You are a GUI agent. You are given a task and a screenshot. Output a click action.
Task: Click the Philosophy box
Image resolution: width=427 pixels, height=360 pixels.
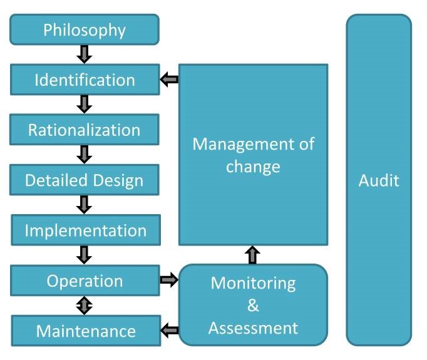click(x=85, y=29)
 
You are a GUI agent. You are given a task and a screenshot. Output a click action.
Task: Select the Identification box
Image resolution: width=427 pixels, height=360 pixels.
click(x=85, y=80)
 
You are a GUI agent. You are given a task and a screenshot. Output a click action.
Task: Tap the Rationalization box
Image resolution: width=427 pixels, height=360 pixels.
click(x=85, y=130)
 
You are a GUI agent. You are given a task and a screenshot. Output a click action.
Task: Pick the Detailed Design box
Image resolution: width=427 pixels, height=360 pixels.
click(x=85, y=180)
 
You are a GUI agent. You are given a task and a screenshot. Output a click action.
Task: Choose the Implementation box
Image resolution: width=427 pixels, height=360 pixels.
click(x=85, y=230)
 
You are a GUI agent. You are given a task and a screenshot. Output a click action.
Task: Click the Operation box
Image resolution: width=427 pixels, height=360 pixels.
click(x=85, y=280)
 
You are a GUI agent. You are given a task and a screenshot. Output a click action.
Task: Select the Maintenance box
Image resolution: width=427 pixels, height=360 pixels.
click(x=85, y=330)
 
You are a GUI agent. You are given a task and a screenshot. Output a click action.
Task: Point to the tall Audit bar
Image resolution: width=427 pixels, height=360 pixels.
click(x=379, y=180)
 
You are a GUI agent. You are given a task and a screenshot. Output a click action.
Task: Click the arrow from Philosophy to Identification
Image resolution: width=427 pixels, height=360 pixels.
click(x=85, y=54)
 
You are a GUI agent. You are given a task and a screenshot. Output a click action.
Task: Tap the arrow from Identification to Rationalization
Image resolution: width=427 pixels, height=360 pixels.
click(x=85, y=104)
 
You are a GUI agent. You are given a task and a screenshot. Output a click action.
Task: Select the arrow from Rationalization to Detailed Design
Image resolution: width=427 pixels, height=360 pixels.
click(x=85, y=154)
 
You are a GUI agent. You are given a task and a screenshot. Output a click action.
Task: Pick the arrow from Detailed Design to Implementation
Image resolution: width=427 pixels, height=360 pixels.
click(x=85, y=204)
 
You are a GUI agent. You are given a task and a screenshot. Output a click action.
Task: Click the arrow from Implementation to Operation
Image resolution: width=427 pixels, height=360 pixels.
click(x=85, y=254)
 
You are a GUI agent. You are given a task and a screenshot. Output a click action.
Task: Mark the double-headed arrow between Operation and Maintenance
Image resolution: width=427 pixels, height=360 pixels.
click(x=85, y=305)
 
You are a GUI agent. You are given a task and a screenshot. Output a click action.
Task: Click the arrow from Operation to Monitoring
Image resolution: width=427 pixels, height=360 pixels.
click(x=169, y=280)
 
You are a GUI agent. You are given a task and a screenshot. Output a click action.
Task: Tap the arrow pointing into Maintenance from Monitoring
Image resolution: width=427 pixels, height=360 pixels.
click(x=170, y=330)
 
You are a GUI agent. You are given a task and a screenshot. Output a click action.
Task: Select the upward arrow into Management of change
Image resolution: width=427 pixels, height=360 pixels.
click(x=253, y=254)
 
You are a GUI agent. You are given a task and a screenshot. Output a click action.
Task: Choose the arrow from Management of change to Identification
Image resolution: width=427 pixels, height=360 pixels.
click(x=169, y=80)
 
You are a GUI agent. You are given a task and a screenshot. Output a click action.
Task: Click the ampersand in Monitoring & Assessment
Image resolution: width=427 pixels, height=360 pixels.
click(x=253, y=305)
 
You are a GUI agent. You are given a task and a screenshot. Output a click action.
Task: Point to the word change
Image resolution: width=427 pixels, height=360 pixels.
click(x=253, y=167)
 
